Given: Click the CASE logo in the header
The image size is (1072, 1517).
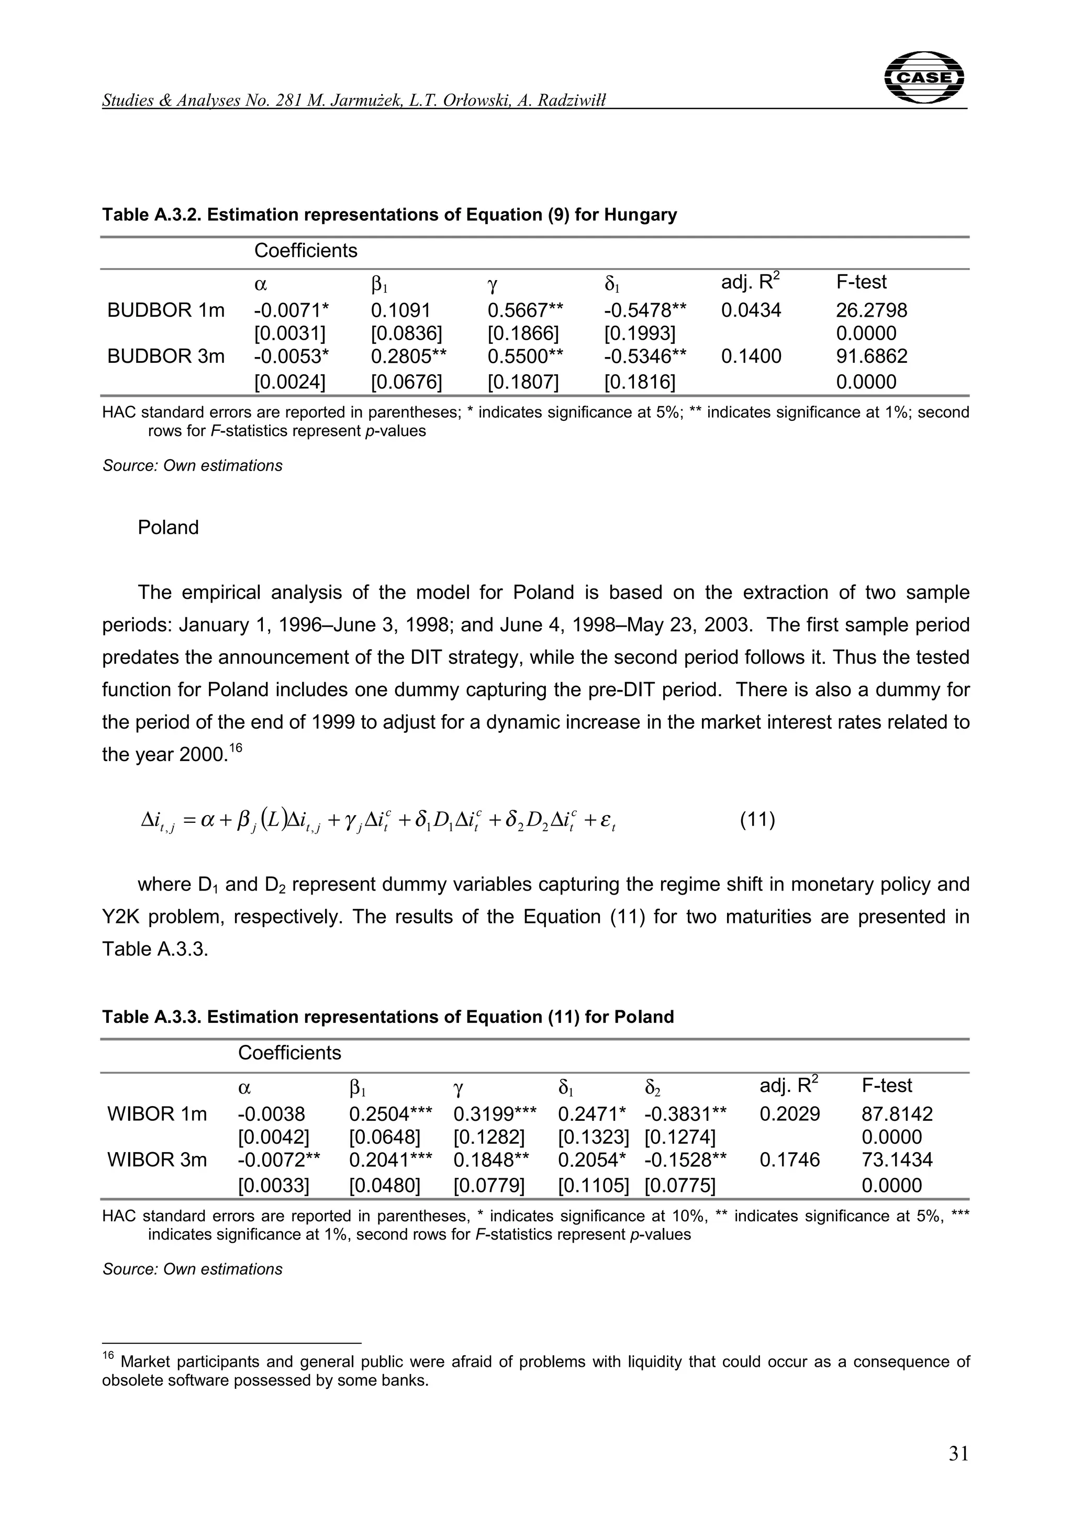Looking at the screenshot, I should pos(923,77).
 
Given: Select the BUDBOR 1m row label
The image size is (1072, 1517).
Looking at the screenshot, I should pos(166,310).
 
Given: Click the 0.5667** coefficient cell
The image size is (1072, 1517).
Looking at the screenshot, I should pos(525,310).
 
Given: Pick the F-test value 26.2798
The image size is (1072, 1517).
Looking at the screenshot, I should pos(871,310).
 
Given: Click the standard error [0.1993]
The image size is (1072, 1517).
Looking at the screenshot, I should pos(639,333).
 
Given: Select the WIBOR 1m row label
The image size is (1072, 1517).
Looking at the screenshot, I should pos(157,1114).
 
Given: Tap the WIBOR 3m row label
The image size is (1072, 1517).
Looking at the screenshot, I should pos(157,1159).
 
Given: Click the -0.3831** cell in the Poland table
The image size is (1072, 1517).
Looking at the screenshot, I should pos(685,1114).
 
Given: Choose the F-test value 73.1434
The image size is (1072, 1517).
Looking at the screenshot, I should pos(897,1159).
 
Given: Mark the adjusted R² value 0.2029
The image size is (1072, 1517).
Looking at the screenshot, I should pos(789,1114).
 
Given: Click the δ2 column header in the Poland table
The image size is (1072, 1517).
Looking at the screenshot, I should pos(653,1087).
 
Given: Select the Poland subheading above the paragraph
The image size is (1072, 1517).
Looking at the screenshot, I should pos(168,527).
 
